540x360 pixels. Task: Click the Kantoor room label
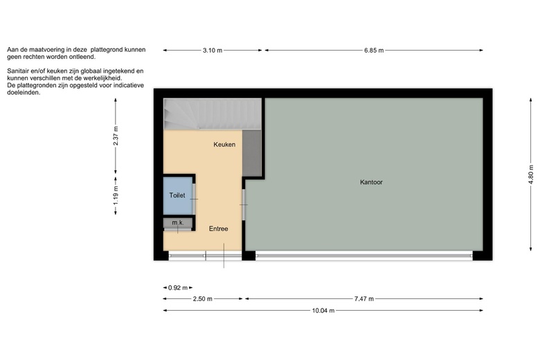click(x=371, y=182)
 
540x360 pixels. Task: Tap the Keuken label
click(x=224, y=144)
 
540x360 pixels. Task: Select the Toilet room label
click(x=177, y=195)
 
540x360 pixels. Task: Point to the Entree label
click(x=218, y=228)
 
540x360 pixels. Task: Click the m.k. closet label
click(x=178, y=222)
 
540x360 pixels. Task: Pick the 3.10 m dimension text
click(x=213, y=51)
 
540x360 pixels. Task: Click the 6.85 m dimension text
click(x=374, y=51)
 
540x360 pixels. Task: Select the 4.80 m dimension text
click(x=531, y=174)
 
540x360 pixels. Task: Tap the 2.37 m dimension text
click(x=116, y=136)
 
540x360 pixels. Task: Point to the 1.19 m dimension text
click(x=116, y=195)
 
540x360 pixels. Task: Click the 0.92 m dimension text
click(x=178, y=288)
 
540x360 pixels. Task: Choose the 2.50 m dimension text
click(x=202, y=298)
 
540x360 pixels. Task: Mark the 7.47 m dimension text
click(x=364, y=298)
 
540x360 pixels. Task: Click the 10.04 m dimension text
click(x=323, y=310)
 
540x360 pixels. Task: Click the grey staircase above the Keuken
click(x=212, y=114)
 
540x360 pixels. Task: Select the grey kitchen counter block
click(x=252, y=153)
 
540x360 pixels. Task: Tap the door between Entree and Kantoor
click(x=244, y=205)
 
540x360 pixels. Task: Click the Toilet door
click(x=194, y=199)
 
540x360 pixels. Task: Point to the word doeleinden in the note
click(x=24, y=93)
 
